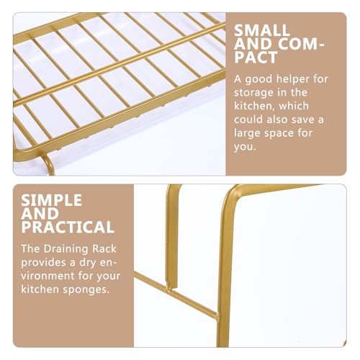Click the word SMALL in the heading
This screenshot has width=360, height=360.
[x=262, y=30]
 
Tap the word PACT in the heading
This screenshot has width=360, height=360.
[x=256, y=57]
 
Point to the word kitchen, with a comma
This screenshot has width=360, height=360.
[x=254, y=106]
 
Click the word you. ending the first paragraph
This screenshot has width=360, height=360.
[x=245, y=147]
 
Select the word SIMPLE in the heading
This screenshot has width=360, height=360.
[x=52, y=200]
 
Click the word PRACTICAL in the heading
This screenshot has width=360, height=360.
[x=68, y=227]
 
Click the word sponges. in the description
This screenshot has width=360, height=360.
[x=86, y=290]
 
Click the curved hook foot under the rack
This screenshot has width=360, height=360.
[x=49, y=163]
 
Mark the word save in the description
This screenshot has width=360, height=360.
[x=302, y=120]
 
